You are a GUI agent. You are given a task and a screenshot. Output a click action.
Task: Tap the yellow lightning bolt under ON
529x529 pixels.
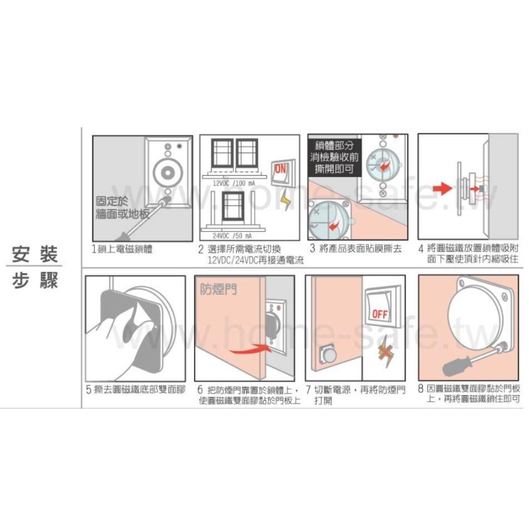point(286,199)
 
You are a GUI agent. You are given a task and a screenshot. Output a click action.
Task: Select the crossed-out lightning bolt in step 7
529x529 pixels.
point(383,350)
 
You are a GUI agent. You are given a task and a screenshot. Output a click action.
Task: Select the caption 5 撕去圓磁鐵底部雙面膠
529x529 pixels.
point(136,389)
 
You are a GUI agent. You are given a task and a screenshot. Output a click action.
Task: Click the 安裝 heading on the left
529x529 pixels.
point(34,256)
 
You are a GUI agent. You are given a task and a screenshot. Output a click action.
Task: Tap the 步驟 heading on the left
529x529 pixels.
point(34,281)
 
